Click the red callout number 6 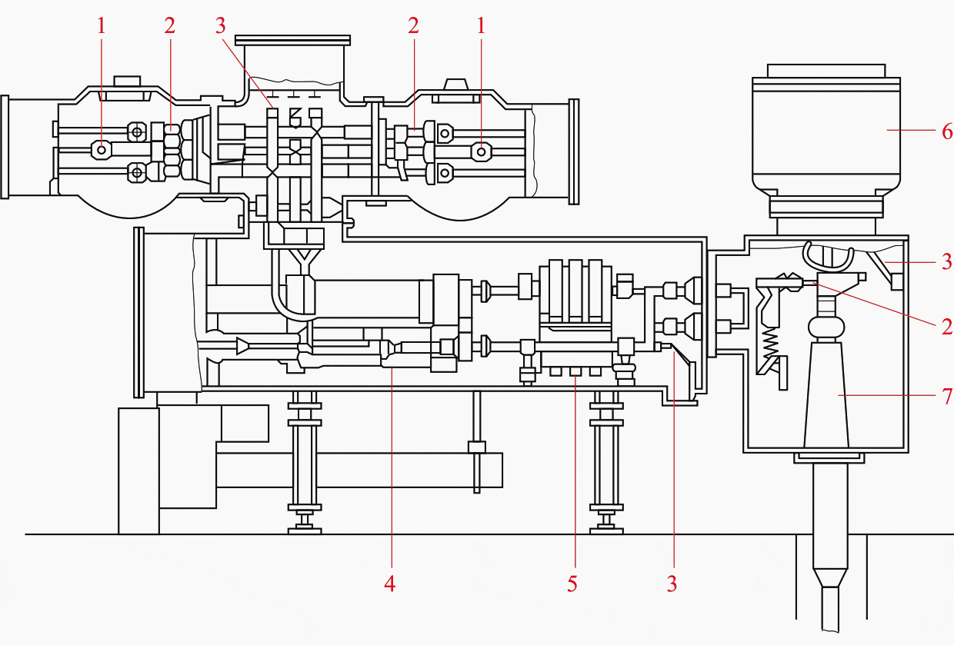click(x=947, y=131)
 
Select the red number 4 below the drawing click(x=390, y=584)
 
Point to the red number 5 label click(x=572, y=584)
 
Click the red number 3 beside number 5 click(x=672, y=584)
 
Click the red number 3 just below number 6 click(x=947, y=261)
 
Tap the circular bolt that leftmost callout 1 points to click(x=102, y=149)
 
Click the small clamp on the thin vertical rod click(x=477, y=447)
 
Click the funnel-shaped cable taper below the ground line click(x=831, y=577)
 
